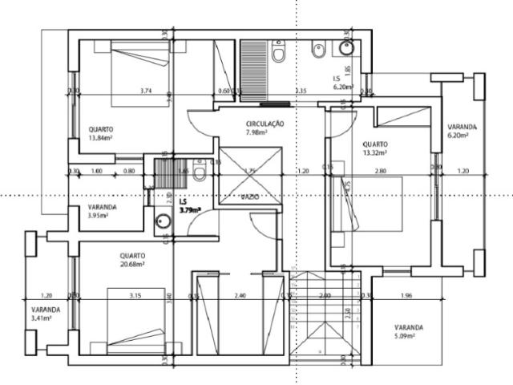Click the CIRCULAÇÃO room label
265,124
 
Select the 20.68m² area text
132,265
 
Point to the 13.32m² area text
374,152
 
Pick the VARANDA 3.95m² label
103,211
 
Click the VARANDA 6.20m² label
462,131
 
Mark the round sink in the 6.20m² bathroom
348,47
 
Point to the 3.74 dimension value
146,91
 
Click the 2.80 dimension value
382,171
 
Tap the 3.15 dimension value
135,295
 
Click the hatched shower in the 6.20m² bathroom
258,70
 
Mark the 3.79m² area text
189,211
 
